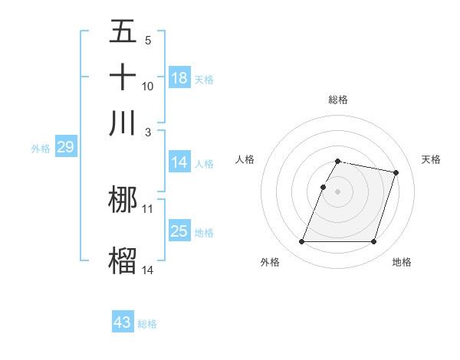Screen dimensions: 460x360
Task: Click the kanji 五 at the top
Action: tap(123, 33)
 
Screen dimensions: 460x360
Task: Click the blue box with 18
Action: tap(179, 78)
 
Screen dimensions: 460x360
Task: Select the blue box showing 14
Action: tap(179, 162)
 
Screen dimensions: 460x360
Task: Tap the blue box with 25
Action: tap(179, 231)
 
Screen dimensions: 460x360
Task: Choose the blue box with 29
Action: tap(65, 148)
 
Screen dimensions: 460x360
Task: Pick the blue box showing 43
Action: tap(123, 322)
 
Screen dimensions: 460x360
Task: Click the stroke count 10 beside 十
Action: tap(148, 87)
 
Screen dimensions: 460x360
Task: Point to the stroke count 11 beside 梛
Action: tap(148, 208)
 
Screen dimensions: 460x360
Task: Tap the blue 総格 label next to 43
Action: tap(147, 324)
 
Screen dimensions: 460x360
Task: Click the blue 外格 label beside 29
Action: tap(40, 149)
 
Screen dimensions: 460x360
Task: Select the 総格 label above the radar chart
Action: tap(337, 100)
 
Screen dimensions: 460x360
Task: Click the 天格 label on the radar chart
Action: tap(431, 159)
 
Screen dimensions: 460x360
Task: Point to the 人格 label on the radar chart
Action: tap(245, 159)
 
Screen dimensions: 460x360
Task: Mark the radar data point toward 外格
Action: tap(302, 242)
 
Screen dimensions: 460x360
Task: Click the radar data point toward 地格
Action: tap(373, 242)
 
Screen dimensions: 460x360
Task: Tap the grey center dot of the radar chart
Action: tap(337, 191)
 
